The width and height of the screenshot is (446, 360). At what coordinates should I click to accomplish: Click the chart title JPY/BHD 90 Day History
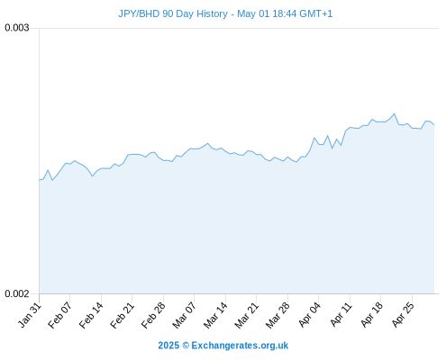[173, 13]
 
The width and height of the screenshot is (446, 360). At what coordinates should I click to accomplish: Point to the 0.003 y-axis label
[17, 28]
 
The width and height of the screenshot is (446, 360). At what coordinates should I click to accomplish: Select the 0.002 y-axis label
[17, 293]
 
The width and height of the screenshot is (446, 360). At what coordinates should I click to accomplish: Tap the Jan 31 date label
[30, 315]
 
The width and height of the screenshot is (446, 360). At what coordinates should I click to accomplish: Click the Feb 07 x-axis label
[60, 315]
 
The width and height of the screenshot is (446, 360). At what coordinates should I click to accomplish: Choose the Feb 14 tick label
[91, 315]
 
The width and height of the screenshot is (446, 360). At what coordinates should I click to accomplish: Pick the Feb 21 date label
[123, 315]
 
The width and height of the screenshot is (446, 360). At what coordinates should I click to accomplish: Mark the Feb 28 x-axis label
[153, 315]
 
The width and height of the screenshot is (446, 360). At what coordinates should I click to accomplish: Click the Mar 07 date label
[185, 315]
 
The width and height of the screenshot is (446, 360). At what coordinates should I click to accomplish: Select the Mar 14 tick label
[215, 315]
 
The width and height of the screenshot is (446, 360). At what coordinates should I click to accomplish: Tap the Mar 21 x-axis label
[247, 315]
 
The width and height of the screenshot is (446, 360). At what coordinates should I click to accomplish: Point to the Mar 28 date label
[278, 315]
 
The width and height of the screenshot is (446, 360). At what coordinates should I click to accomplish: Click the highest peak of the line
[395, 113]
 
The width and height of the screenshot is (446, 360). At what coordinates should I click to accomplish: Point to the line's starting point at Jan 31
[40, 180]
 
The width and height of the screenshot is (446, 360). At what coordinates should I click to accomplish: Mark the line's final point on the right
[434, 124]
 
